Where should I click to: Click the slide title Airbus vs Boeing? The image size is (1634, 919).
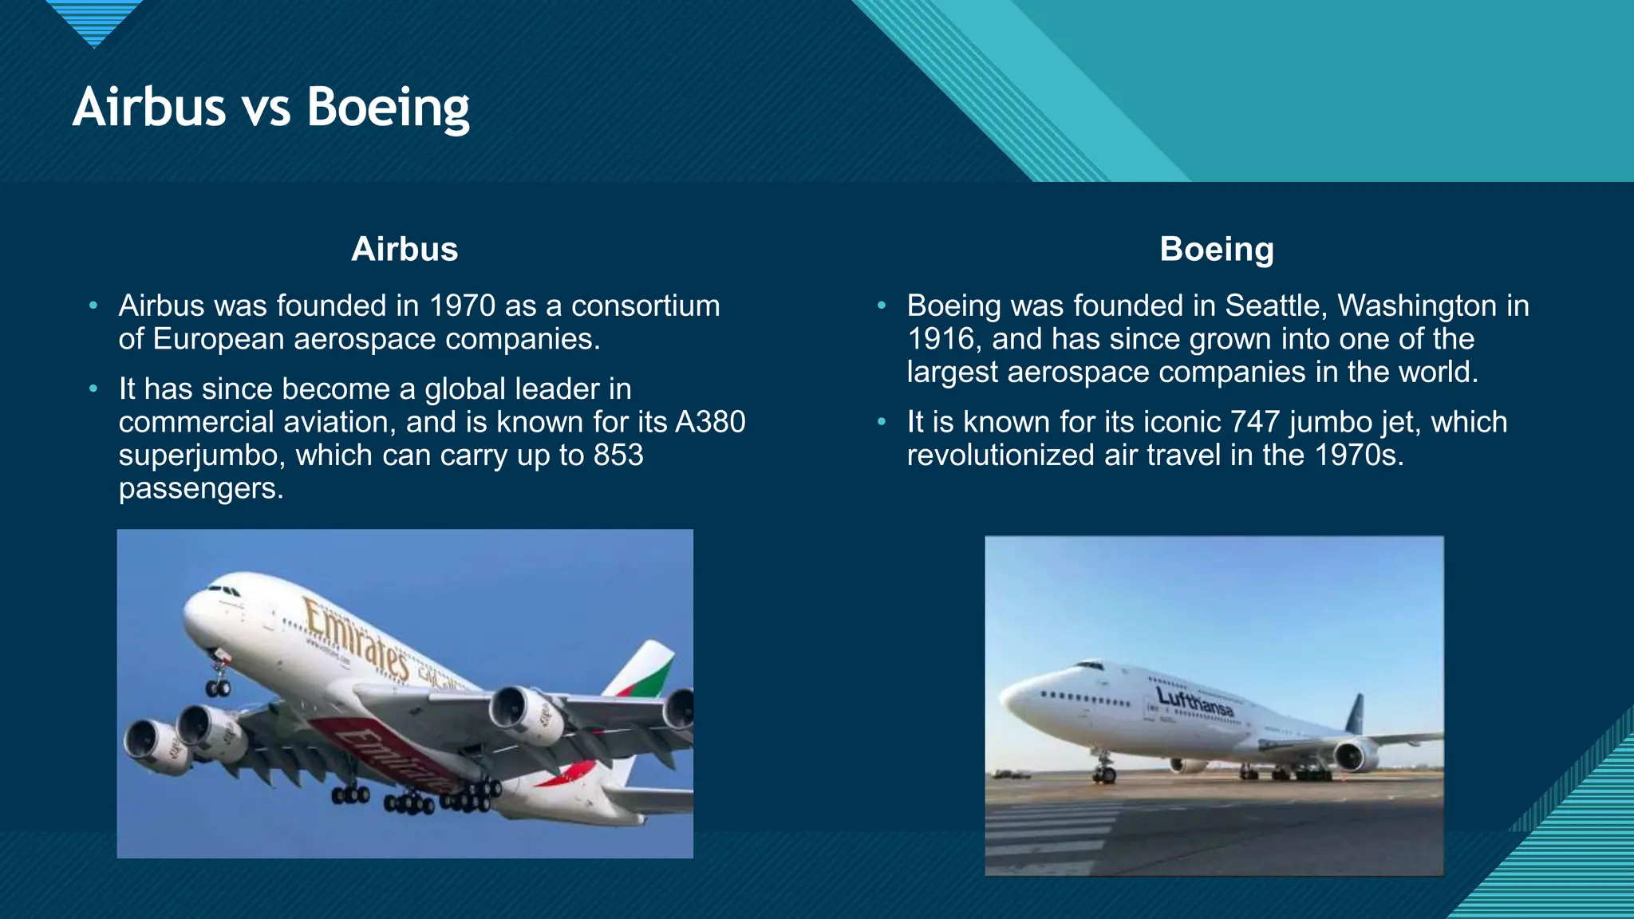(x=271, y=108)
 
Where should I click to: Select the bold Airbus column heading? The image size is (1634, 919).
(x=405, y=249)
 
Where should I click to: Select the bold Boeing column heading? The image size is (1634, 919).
(x=1216, y=249)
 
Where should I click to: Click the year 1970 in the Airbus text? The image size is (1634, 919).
(x=462, y=306)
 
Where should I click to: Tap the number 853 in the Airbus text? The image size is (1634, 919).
(x=618, y=455)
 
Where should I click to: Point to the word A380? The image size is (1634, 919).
(x=710, y=421)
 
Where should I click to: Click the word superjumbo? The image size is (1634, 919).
(x=201, y=455)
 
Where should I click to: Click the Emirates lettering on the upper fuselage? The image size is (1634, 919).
(x=355, y=637)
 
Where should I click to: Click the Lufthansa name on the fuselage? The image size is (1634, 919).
(x=1194, y=702)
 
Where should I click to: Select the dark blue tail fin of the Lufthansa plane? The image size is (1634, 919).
(x=1355, y=713)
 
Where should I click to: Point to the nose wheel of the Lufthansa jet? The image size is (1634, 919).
(x=1104, y=772)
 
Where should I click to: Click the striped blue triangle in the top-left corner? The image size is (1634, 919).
(x=94, y=20)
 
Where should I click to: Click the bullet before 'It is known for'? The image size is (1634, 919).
(x=882, y=422)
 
